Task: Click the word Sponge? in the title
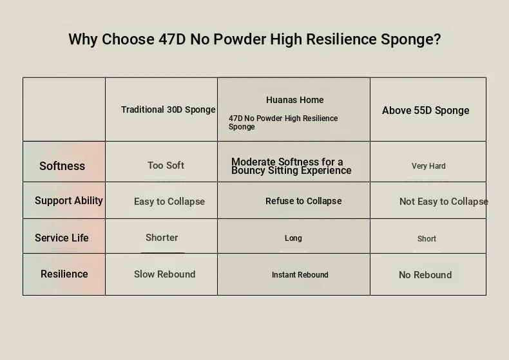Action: click(410, 39)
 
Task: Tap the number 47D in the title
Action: click(172, 39)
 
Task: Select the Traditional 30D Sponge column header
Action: click(168, 109)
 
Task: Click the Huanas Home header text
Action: click(294, 100)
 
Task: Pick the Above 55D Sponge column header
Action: click(426, 110)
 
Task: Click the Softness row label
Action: click(62, 166)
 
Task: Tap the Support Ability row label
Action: click(69, 200)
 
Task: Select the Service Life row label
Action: click(62, 238)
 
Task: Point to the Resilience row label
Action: click(64, 274)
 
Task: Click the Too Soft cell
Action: click(166, 166)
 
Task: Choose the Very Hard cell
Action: click(428, 166)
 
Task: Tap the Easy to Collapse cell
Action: click(169, 202)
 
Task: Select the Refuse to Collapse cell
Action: click(303, 201)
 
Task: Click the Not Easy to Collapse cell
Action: click(444, 202)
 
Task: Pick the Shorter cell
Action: click(162, 238)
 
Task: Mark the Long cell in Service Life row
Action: click(293, 238)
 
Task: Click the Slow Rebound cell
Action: click(164, 274)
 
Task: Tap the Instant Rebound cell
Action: click(300, 275)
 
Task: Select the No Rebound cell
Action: click(425, 275)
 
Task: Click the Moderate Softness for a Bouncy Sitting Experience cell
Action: click(291, 166)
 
